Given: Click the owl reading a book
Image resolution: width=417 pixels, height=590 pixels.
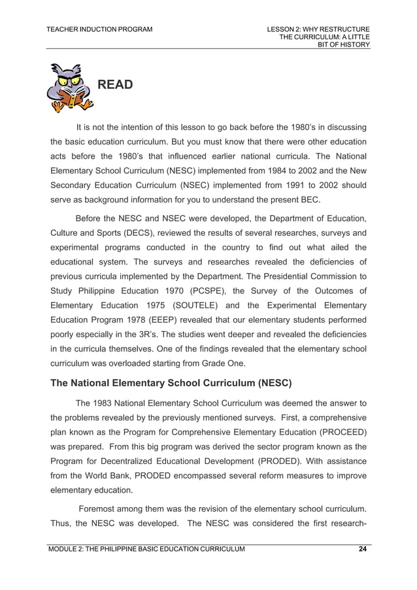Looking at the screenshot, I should pos(69,88).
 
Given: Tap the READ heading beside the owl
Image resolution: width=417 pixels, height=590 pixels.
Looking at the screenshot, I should pos(115,85).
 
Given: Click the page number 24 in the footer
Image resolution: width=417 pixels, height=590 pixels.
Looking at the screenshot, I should pos(362,549).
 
